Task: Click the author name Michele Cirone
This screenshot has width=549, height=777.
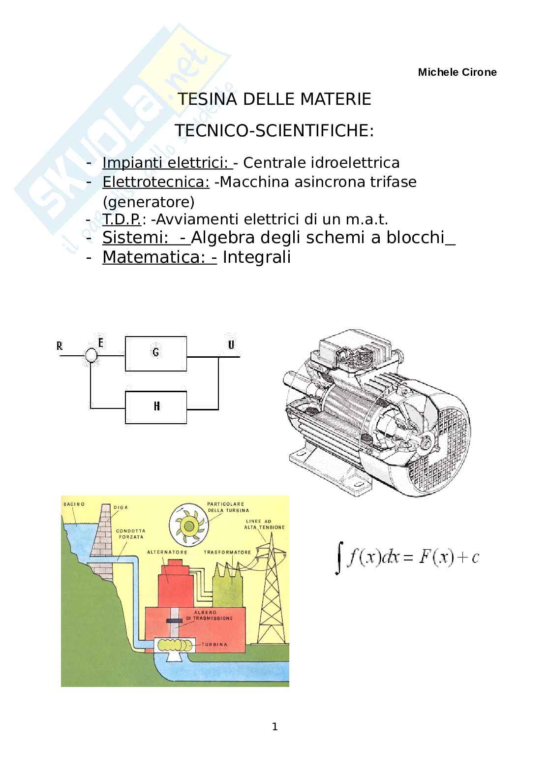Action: (x=457, y=72)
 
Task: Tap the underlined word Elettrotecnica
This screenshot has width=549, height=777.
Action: (x=155, y=182)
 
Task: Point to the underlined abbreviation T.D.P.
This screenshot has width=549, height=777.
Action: (x=122, y=219)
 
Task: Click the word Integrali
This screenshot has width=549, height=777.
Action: (x=256, y=257)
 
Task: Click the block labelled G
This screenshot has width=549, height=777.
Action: (x=156, y=353)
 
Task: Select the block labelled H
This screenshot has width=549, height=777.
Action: (x=156, y=406)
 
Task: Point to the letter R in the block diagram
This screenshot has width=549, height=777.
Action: (x=60, y=346)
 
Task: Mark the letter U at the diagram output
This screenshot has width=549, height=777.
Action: (x=231, y=344)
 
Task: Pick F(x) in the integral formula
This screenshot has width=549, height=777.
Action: (x=435, y=558)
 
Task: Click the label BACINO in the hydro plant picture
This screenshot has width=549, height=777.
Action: (x=74, y=504)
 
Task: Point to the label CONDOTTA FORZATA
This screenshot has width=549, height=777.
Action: (x=130, y=534)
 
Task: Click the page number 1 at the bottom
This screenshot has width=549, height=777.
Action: (x=274, y=727)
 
